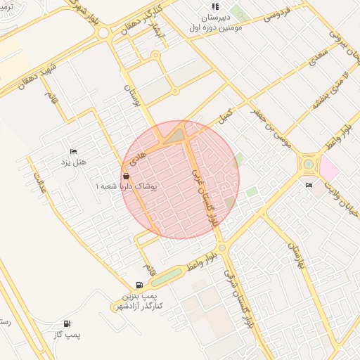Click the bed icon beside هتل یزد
click(72, 151)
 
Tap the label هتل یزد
click(74, 162)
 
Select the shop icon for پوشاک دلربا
click(126, 176)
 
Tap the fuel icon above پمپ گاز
click(67, 324)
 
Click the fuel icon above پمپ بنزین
click(139, 285)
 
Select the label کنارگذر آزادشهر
click(138, 307)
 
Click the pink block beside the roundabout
click(328, 168)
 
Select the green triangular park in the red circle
click(174, 134)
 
